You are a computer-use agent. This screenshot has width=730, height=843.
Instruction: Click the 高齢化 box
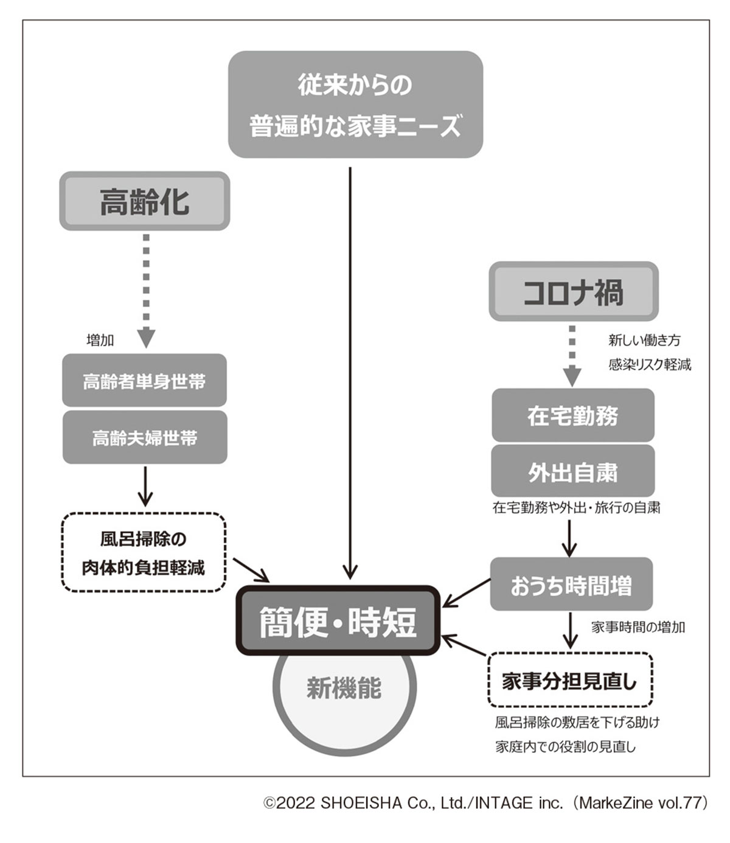(x=145, y=201)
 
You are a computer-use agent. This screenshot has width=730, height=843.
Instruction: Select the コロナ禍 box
(x=574, y=292)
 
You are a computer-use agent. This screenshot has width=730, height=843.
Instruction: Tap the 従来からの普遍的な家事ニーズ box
(x=355, y=105)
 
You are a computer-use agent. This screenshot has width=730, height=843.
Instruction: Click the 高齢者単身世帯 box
(x=144, y=381)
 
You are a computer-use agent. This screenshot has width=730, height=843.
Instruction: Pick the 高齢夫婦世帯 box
(x=145, y=437)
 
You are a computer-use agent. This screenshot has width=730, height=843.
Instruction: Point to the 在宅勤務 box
(x=572, y=416)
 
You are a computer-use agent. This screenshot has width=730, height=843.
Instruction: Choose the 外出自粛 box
(x=572, y=472)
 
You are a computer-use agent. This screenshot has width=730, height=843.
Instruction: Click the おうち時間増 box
(x=571, y=585)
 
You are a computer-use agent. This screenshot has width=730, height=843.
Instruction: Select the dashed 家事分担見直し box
(x=570, y=681)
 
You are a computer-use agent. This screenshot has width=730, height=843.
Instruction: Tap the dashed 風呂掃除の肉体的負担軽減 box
(x=144, y=552)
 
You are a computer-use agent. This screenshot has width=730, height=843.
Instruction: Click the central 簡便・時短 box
(x=338, y=621)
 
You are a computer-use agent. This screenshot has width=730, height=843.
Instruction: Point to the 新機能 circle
(x=344, y=699)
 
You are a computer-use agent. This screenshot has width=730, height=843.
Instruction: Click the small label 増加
(x=100, y=340)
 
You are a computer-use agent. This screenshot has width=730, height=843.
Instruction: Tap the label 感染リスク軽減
(x=650, y=365)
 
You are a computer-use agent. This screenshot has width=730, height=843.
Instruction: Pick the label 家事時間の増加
(x=638, y=627)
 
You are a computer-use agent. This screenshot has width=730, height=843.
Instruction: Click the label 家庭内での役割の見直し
(x=565, y=747)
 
